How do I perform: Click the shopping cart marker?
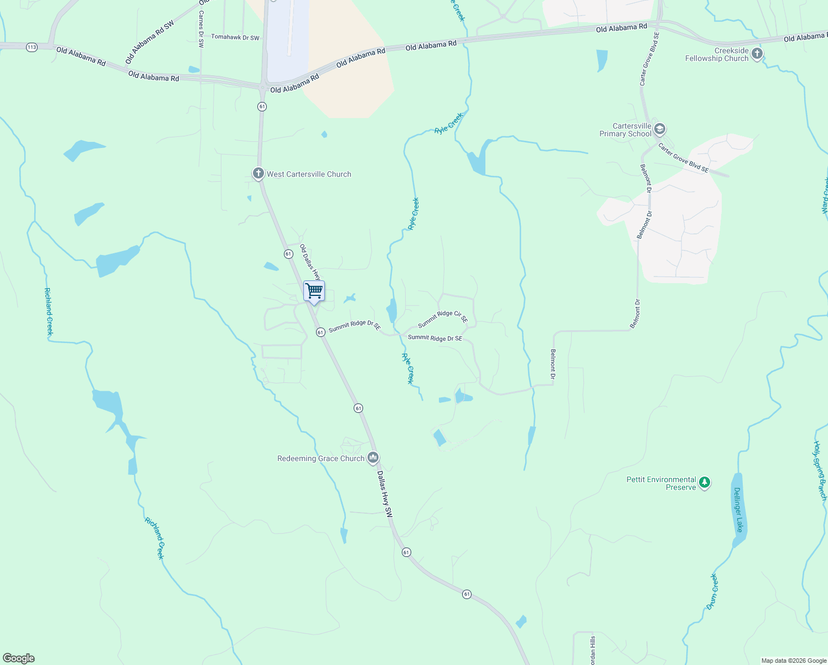(x=314, y=291)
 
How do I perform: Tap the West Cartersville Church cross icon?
(x=258, y=174)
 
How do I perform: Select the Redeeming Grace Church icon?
(x=373, y=458)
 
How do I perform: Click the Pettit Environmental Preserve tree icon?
(x=704, y=483)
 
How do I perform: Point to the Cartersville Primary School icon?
(x=659, y=130)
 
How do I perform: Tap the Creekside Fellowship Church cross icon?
(x=757, y=54)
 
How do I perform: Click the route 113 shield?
(x=32, y=47)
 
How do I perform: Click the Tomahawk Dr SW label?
(x=235, y=38)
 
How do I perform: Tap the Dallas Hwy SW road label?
(x=385, y=494)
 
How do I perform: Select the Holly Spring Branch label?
(x=820, y=470)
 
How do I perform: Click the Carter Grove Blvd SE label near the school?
(x=683, y=158)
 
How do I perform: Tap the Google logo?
(x=19, y=658)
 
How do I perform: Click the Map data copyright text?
(x=793, y=661)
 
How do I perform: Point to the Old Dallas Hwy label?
(x=310, y=262)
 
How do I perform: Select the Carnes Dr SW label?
(x=201, y=29)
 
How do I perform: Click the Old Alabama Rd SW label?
(x=149, y=42)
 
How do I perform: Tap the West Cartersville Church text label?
(x=309, y=174)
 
